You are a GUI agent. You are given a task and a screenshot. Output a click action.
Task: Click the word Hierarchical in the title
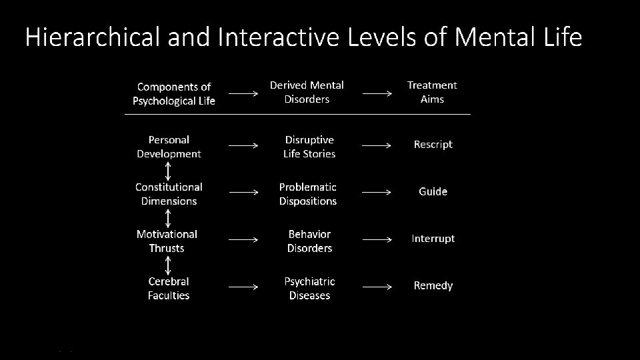point(93,38)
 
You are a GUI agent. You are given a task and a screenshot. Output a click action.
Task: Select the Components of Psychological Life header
point(173,94)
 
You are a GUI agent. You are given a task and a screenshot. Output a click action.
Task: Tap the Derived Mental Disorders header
point(307,92)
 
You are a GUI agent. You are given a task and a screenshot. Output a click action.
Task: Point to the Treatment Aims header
point(432,92)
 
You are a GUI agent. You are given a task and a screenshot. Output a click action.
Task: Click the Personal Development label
point(169,147)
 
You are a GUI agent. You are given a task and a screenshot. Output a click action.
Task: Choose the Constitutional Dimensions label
point(169,194)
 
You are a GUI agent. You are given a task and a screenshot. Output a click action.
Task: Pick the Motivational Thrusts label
point(167,241)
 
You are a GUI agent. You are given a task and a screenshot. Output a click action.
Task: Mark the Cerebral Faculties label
point(169,289)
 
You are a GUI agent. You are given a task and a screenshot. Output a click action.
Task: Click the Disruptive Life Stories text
point(309,147)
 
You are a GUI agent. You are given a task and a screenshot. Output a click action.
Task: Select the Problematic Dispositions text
point(308,194)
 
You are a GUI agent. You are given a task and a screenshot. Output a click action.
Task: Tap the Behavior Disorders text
point(309,241)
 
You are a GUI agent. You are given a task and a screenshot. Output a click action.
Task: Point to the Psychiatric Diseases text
point(309,289)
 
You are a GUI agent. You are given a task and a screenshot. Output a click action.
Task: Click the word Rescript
point(433,145)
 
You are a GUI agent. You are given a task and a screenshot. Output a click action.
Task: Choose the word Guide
point(433,192)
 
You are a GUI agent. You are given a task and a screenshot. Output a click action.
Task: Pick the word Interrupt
point(433,239)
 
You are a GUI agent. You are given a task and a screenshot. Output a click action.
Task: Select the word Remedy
point(433,286)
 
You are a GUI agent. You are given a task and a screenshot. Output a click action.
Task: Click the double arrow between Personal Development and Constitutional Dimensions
point(169,170)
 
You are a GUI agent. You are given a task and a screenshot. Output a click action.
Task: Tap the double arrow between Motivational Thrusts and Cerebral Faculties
point(169,265)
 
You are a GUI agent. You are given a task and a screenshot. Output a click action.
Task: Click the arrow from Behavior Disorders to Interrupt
point(377,239)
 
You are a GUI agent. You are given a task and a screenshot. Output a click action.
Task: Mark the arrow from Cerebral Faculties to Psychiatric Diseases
point(243,287)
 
